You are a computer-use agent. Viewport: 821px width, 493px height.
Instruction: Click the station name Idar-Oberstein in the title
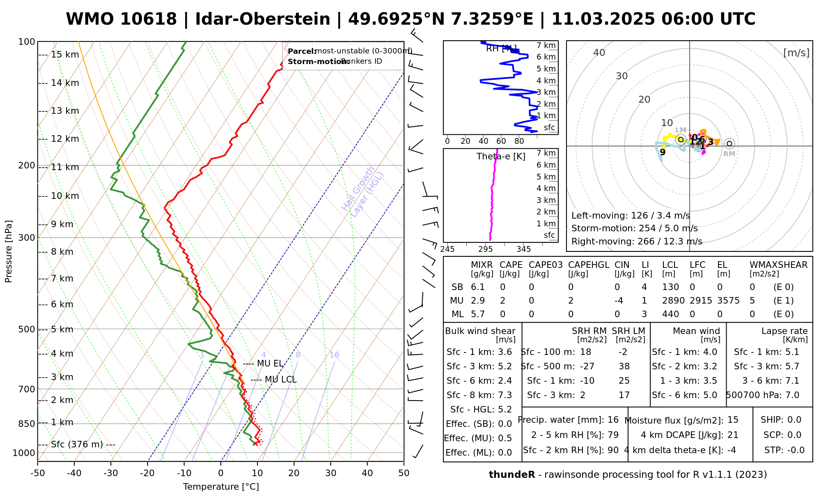(262, 19)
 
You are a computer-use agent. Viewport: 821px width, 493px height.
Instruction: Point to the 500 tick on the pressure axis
(28, 329)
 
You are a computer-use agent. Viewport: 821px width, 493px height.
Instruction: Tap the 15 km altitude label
(65, 55)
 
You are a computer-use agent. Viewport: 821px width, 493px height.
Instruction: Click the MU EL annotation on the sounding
(270, 364)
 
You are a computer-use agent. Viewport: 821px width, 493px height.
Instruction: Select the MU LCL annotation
(280, 380)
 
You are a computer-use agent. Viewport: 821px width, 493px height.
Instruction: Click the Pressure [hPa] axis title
(9, 251)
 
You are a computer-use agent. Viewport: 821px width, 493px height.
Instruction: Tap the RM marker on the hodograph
(729, 144)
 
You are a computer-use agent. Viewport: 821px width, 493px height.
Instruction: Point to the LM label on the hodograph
(681, 130)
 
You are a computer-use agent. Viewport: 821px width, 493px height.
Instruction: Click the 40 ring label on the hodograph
(599, 53)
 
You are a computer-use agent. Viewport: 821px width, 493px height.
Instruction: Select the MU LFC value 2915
(701, 301)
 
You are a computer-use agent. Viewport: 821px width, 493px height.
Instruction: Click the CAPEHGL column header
(589, 265)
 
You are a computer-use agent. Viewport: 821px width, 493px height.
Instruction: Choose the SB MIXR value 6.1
(478, 287)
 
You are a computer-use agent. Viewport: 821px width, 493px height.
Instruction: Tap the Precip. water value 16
(613, 420)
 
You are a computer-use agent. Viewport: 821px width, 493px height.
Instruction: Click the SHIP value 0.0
(794, 420)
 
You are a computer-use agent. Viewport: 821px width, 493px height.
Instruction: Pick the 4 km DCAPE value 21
(733, 435)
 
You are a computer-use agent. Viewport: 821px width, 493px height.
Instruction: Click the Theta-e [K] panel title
(501, 157)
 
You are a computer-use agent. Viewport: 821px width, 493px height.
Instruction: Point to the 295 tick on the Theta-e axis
(485, 249)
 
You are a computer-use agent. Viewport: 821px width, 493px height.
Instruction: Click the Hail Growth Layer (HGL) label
(363, 192)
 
